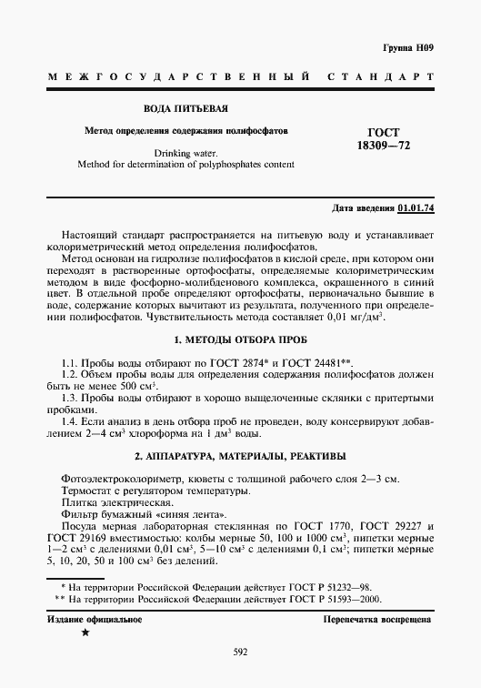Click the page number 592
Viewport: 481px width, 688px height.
[240, 651]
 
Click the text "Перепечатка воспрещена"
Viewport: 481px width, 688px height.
[378, 619]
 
